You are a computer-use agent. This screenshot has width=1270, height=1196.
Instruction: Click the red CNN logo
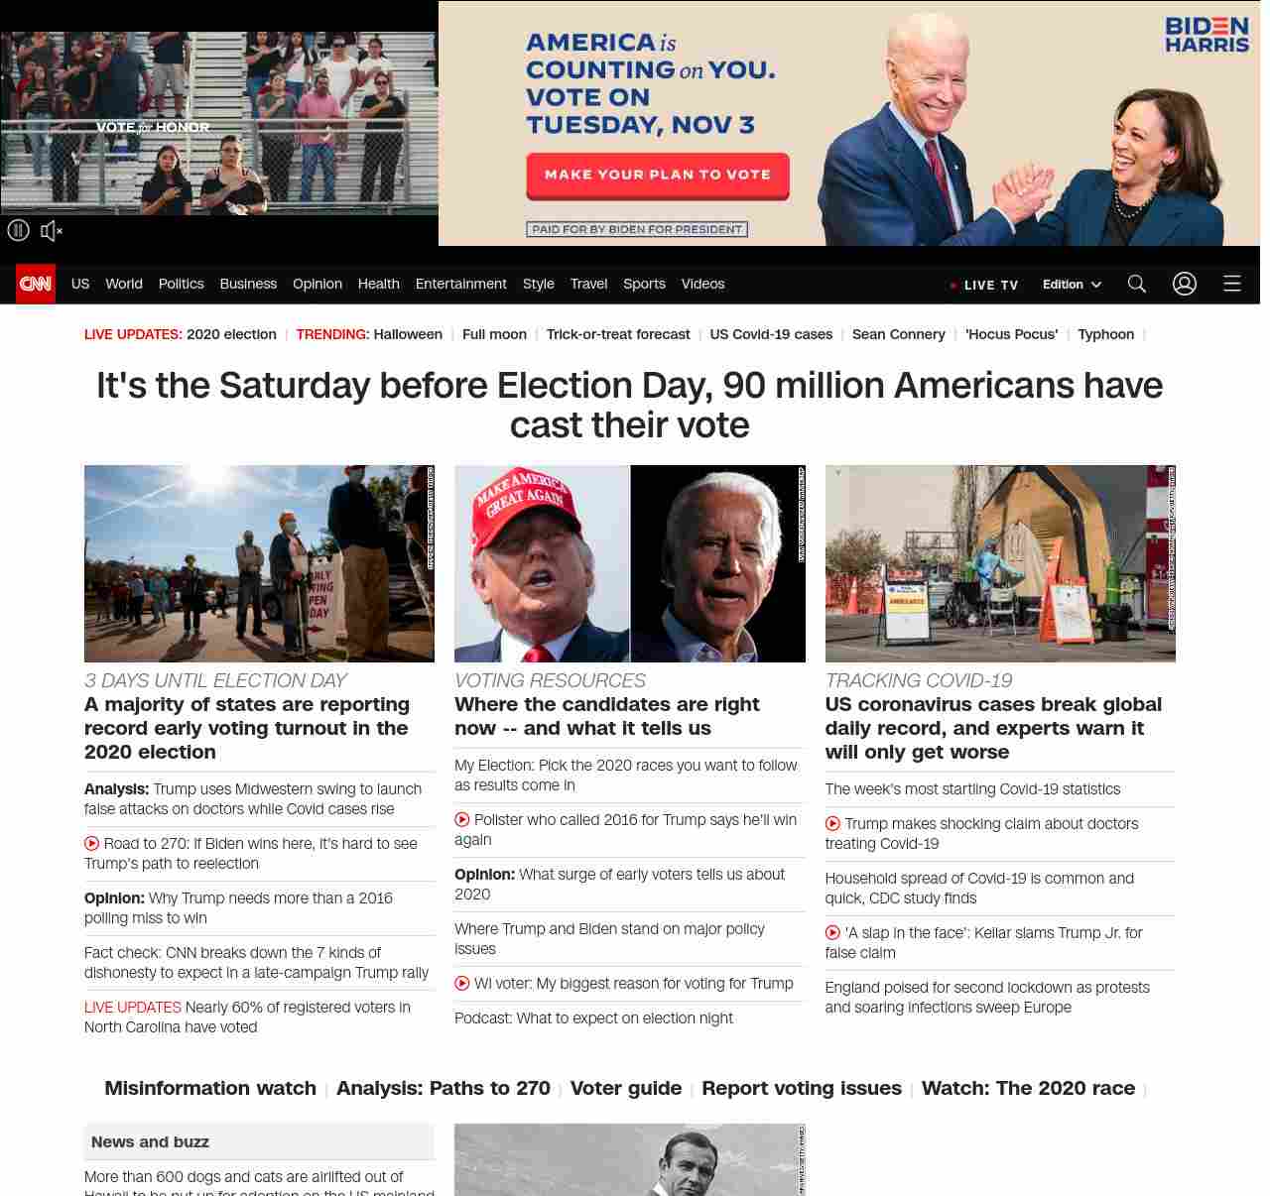36,284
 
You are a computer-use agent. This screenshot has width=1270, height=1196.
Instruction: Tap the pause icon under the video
18,231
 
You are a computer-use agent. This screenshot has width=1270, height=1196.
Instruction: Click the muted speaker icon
52,231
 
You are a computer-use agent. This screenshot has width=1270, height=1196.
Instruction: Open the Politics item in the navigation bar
181,284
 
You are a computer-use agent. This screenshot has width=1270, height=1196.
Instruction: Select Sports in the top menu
644,284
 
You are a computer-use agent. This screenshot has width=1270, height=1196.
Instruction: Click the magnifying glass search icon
1137,284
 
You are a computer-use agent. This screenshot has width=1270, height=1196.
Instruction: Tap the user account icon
1185,284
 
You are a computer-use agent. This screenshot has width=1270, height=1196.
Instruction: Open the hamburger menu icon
1232,284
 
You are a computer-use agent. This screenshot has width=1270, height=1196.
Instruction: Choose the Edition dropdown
1072,285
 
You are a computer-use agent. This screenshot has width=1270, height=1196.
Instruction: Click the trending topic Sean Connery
898,334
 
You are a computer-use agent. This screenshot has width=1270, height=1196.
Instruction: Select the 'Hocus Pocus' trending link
1011,334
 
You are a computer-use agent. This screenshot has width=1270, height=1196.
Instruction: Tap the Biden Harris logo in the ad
1206,35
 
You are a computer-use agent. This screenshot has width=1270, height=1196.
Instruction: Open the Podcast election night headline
593,1018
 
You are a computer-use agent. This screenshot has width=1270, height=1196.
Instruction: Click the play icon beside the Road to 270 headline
92,844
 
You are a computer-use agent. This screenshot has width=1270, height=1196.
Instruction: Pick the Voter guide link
625,1088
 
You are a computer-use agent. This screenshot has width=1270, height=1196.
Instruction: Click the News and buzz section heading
150,1141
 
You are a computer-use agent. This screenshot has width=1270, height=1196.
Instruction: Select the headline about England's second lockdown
986,998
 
